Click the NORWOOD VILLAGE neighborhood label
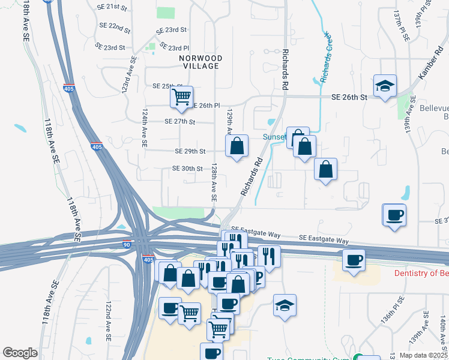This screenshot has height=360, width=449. click(x=200, y=62)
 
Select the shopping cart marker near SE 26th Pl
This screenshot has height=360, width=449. click(x=181, y=96)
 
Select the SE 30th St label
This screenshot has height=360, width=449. click(x=188, y=169)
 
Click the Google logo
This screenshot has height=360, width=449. click(x=20, y=353)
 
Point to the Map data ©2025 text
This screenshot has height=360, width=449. click(x=423, y=355)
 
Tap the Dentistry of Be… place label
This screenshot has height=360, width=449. click(x=421, y=274)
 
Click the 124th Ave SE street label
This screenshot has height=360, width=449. click(x=145, y=128)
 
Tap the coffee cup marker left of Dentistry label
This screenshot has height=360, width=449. click(x=354, y=260)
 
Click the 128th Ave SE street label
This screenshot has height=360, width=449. click(x=213, y=183)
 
